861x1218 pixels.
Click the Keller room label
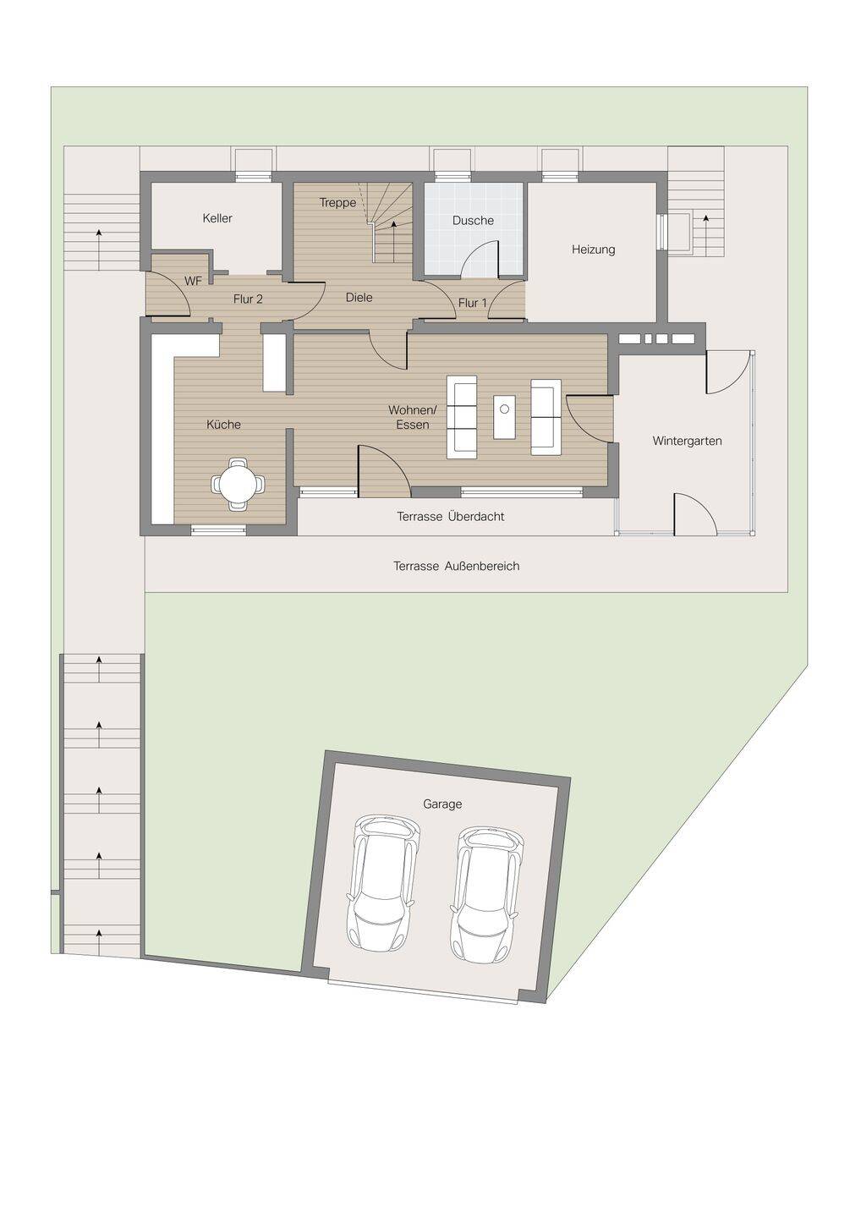217,218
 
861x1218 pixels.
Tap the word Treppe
337,203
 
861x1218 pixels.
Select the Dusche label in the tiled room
473,221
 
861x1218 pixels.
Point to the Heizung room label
593,250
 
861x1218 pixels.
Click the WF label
193,282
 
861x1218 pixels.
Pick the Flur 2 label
248,299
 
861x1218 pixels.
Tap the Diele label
359,298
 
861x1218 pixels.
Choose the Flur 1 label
472,303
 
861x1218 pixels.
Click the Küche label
223,425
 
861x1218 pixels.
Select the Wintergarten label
687,441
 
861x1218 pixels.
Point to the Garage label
441,804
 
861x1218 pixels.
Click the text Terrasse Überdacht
451,517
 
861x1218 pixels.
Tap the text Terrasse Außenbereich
457,566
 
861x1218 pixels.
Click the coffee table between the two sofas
504,416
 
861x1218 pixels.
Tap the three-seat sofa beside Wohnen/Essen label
462,416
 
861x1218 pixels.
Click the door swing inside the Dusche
480,260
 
